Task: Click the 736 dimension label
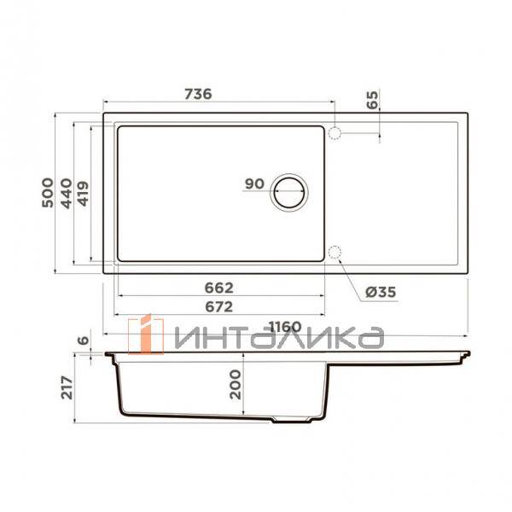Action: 198,94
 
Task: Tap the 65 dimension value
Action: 372,100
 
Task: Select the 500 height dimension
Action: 48,193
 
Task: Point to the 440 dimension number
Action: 67,194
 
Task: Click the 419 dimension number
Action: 84,194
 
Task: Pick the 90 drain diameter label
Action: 254,183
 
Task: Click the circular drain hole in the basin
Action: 289,193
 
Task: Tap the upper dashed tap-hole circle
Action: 335,133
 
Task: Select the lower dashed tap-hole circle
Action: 335,253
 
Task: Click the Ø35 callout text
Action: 381,292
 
